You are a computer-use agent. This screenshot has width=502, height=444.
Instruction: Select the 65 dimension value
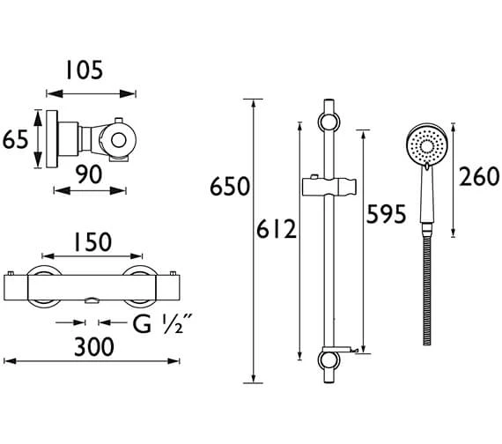coord(17,138)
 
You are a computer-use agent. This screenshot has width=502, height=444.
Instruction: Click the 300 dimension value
coord(94,346)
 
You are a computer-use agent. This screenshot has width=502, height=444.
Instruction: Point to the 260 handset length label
coord(480,178)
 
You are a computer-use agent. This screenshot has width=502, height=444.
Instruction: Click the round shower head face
coord(425,143)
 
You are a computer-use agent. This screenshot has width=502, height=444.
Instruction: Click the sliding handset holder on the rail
coord(329,187)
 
